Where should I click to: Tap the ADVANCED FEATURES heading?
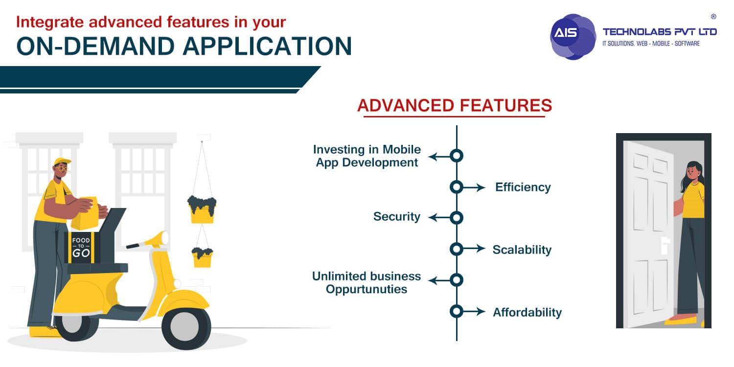pyautogui.click(x=455, y=105)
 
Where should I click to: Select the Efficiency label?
pyautogui.click(x=523, y=187)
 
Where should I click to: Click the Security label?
pyautogui.click(x=396, y=217)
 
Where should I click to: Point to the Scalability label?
pyautogui.click(x=522, y=250)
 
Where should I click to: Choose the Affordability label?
pyautogui.click(x=527, y=312)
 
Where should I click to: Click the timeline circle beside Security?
pyautogui.click(x=456, y=218)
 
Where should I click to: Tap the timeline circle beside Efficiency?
pyautogui.click(x=456, y=187)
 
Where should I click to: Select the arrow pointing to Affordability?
pyautogui.click(x=474, y=312)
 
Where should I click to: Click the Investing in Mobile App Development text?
pyautogui.click(x=367, y=156)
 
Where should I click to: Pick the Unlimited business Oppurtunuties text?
pyautogui.click(x=367, y=282)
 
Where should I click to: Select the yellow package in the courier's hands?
pyautogui.click(x=84, y=213)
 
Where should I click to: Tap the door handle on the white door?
pyautogui.click(x=664, y=245)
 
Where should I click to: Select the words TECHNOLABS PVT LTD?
pyautogui.click(x=659, y=32)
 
